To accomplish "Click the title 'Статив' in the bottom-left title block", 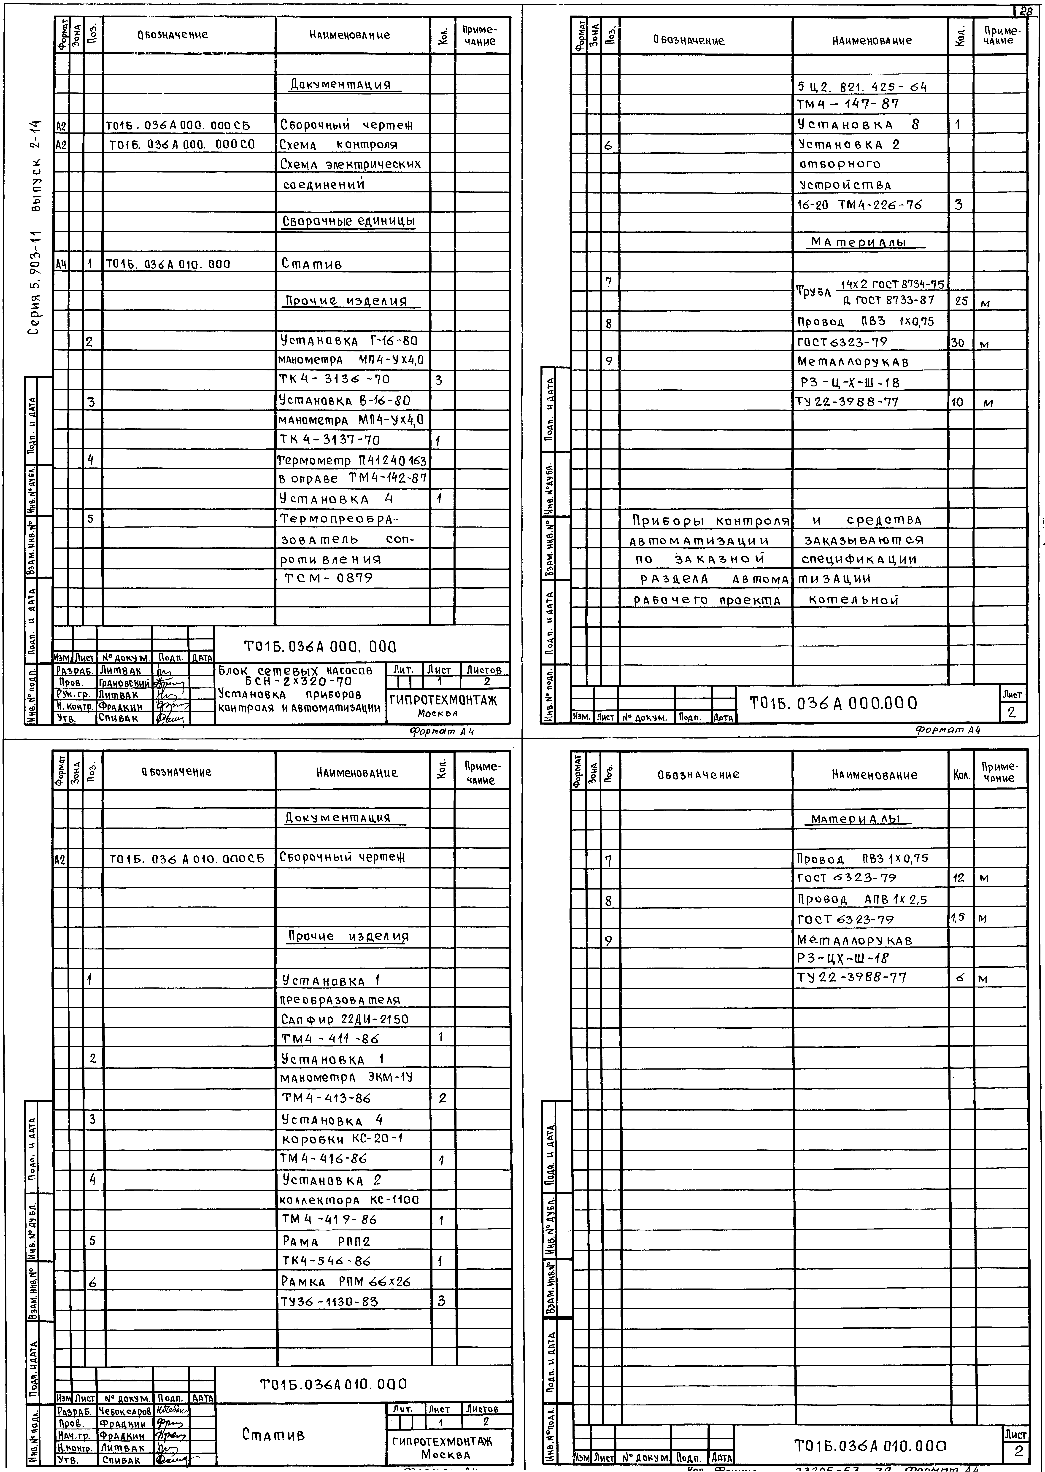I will pos(273,1434).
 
